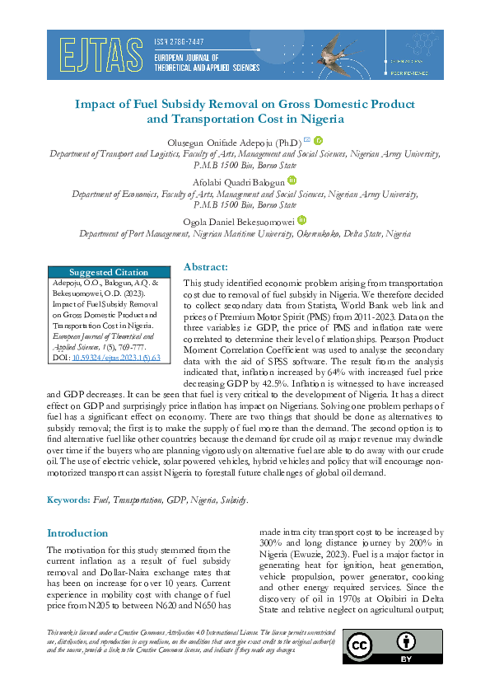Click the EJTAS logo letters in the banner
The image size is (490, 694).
click(97, 55)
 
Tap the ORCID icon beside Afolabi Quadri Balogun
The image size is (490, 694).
click(292, 181)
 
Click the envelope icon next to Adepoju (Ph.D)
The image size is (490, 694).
click(306, 140)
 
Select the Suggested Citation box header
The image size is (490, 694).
click(109, 272)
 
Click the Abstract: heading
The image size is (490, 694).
click(206, 267)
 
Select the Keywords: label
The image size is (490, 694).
click(69, 500)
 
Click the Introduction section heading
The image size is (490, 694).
click(77, 533)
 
